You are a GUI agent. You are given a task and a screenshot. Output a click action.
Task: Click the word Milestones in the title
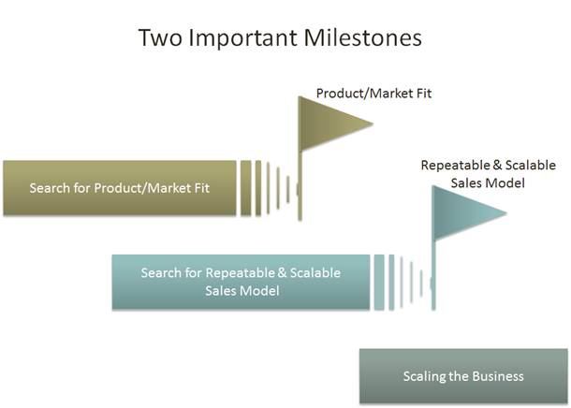362,37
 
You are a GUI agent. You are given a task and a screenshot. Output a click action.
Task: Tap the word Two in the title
160,37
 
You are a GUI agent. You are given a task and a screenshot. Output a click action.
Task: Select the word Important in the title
242,38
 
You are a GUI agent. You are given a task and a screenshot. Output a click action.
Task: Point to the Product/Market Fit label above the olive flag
373,94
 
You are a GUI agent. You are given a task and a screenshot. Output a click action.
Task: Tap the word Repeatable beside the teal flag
457,166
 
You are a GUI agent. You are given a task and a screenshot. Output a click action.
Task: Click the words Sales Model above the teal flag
488,182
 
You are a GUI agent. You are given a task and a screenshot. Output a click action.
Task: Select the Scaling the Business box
463,376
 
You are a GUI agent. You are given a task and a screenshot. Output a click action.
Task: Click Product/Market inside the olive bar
142,188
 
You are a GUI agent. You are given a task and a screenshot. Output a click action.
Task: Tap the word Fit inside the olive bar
202,188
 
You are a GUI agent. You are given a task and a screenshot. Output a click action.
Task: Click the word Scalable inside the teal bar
315,273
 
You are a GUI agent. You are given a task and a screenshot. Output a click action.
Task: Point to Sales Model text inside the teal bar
242,291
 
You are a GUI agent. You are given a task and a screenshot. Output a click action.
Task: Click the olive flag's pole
300,185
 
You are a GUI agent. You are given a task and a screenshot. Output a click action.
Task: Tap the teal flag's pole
433,275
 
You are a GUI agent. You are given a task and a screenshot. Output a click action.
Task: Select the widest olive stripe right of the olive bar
246,188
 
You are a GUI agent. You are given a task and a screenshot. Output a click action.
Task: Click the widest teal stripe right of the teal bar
379,283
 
